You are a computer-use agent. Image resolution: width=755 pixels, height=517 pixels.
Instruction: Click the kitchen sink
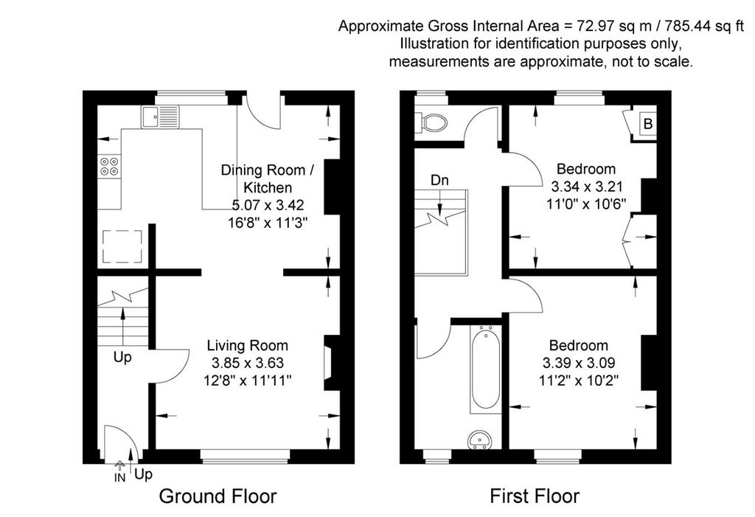(x=160, y=117)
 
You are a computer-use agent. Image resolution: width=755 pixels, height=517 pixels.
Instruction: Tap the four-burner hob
(x=109, y=166)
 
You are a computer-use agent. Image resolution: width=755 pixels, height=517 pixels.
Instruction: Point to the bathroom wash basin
(x=479, y=440)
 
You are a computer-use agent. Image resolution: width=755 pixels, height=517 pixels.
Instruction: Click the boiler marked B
(x=647, y=124)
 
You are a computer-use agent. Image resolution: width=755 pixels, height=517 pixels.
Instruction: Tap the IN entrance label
(x=119, y=477)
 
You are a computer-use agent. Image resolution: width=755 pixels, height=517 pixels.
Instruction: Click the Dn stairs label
(x=439, y=180)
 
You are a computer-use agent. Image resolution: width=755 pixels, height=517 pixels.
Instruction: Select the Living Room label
(x=248, y=345)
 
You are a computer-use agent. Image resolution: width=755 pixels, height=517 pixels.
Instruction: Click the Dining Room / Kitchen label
(x=268, y=178)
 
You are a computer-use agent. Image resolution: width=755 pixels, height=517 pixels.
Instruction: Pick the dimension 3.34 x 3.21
(x=586, y=187)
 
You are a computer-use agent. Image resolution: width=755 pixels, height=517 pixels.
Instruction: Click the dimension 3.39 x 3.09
(x=579, y=363)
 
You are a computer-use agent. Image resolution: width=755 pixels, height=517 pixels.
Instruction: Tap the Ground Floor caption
(x=218, y=496)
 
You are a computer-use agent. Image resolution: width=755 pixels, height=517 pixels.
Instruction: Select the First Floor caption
(x=535, y=496)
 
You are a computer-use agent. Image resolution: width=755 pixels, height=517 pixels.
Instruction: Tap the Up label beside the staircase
(x=122, y=358)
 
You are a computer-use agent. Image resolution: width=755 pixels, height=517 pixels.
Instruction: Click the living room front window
(x=245, y=457)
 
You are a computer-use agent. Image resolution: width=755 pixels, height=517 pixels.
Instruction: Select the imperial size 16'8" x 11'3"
(x=268, y=223)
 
